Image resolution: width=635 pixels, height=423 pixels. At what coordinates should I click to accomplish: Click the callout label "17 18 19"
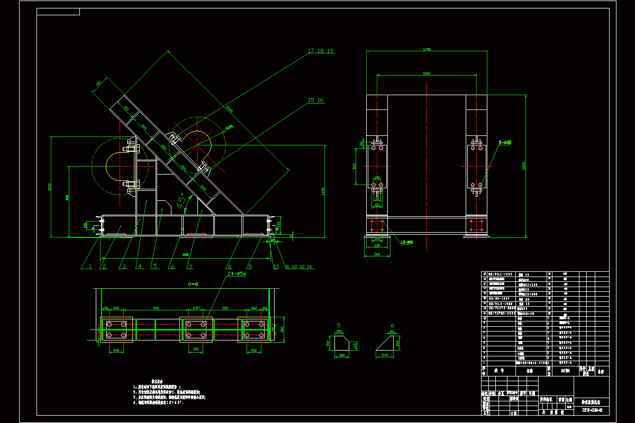(x=320, y=51)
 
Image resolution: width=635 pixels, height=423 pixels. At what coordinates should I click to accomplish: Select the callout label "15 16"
(x=316, y=100)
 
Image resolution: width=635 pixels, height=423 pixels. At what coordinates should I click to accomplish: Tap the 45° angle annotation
(x=182, y=199)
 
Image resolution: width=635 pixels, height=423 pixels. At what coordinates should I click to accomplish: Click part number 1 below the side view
(x=90, y=266)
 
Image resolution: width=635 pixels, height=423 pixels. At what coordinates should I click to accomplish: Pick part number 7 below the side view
(x=190, y=266)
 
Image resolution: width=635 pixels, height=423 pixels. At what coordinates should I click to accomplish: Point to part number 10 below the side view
(x=276, y=266)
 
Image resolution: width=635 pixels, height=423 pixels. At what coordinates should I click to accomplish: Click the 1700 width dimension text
(x=427, y=49)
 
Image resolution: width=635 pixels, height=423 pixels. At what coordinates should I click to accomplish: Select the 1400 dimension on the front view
(x=427, y=73)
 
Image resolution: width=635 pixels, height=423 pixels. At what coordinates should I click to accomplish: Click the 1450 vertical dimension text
(x=323, y=191)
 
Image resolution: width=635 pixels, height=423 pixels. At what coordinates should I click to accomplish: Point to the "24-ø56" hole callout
(x=236, y=274)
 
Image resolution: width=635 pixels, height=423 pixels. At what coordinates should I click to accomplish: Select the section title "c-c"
(x=193, y=284)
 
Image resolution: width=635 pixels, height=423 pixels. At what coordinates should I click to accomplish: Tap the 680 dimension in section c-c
(x=225, y=308)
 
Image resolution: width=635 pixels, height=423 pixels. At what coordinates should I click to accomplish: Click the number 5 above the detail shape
(x=339, y=326)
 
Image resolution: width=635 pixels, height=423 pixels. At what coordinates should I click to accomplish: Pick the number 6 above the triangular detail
(x=392, y=326)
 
